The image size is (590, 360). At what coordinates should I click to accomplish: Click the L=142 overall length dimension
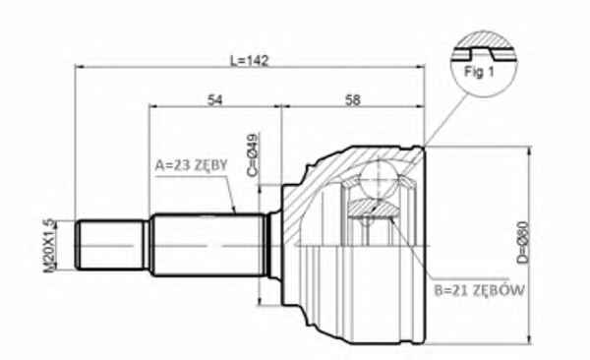250,61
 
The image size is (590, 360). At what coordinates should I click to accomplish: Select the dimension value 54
214,100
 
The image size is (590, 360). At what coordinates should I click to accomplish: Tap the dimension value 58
353,100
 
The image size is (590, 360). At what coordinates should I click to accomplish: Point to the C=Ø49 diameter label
254,154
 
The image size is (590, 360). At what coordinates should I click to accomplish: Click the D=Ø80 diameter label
523,242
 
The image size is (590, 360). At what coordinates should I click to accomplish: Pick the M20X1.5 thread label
49,246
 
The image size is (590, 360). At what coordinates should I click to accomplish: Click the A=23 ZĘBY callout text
192,165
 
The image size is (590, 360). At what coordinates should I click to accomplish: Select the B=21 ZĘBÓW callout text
480,290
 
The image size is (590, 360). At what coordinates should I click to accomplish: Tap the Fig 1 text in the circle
479,72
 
